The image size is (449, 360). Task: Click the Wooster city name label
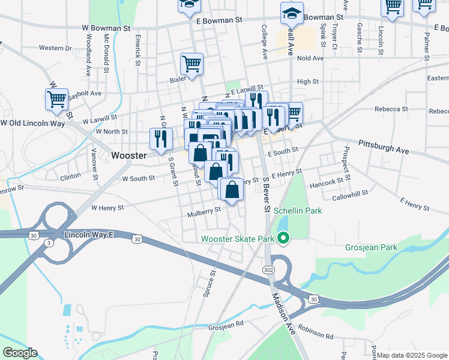(129, 155)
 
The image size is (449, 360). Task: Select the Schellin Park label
(298, 211)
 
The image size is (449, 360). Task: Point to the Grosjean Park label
(372, 247)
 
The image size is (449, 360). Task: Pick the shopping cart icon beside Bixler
(191, 64)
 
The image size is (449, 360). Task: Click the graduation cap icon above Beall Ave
(292, 13)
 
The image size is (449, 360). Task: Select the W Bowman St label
(106, 28)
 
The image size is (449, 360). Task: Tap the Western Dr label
(55, 47)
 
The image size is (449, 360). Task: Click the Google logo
(20, 353)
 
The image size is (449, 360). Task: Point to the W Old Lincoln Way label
(32, 123)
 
